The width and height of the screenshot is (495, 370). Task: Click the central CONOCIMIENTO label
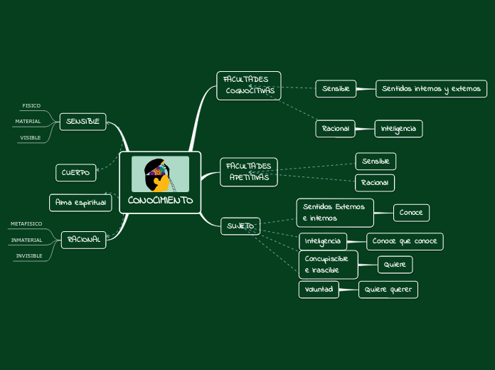coord(160,201)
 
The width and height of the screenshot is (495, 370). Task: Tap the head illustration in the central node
coord(159,174)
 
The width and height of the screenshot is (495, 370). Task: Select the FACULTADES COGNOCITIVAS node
coord(249,85)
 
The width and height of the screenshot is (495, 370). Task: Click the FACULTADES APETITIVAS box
coord(249,172)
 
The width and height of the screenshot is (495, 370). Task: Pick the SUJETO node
coord(240,226)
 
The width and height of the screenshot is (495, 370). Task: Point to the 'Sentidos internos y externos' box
coord(431,89)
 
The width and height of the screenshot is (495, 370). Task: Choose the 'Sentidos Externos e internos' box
coord(334,212)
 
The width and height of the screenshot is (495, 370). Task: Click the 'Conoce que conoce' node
coord(405,241)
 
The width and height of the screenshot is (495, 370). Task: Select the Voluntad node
coord(319,290)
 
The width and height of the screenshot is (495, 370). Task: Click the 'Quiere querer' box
coord(388,290)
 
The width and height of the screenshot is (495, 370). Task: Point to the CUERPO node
coord(75,172)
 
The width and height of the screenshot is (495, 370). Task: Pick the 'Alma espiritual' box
coord(80,203)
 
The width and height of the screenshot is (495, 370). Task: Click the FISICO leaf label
coord(31,105)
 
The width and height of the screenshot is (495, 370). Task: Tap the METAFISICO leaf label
coord(26,223)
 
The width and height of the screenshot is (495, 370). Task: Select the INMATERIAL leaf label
coord(27,240)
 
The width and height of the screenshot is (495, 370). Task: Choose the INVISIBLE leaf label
coord(29,255)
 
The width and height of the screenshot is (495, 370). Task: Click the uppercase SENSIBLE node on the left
coord(82,122)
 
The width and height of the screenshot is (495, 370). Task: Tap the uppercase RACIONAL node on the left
coord(83,240)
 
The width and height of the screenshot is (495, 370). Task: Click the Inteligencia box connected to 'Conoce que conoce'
coord(323,240)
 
